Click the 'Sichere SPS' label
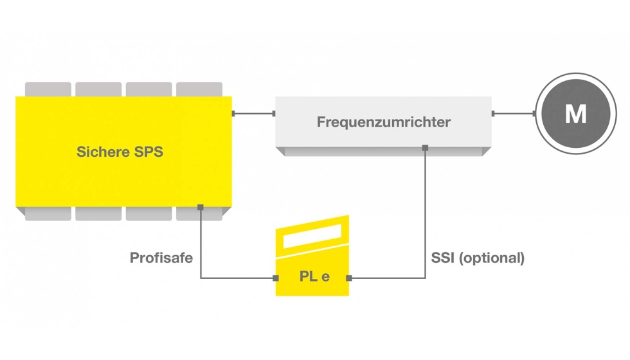point(120,152)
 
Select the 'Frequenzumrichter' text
point(384,122)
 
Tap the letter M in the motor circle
point(575,114)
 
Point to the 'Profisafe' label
point(161,258)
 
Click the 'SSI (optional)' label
point(478,258)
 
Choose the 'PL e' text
point(314,277)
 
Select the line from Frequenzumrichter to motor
point(514,114)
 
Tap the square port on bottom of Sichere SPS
point(201,207)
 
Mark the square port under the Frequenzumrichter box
point(425,148)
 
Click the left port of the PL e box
point(276,278)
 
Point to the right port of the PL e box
point(349,278)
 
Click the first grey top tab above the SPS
point(48,89)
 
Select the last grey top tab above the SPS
point(199,89)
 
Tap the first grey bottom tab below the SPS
point(48,214)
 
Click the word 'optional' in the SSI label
point(490,258)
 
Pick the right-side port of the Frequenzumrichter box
point(493,114)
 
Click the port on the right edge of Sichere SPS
point(233,114)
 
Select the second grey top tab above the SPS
point(98,89)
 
